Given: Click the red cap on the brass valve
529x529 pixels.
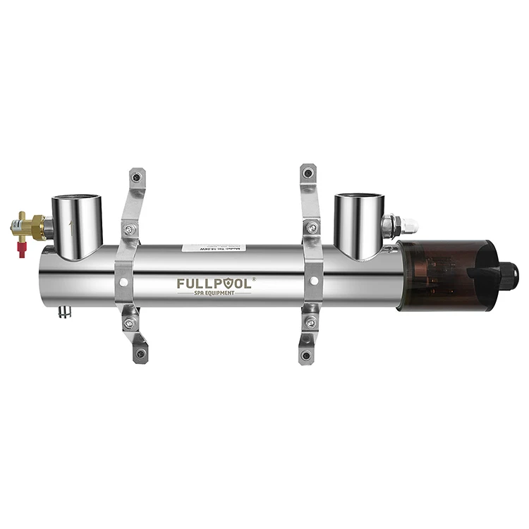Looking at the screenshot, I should coord(22,250).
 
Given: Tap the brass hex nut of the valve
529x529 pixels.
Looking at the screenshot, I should coord(39,227).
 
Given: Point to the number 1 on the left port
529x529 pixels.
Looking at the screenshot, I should coord(71,227).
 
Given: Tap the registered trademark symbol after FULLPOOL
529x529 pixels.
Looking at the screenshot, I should coord(254,279).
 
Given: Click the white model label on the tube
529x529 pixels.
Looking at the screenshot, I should coord(212,249).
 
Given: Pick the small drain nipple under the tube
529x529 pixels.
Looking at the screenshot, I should coord(64,310).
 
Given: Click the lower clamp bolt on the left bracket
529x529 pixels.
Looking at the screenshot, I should coord(128,324).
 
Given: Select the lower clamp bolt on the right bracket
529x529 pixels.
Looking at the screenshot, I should coord(310,322).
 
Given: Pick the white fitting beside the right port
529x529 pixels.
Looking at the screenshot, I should coord(409,226).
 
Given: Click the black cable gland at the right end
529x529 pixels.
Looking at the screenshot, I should coord(506,273).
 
